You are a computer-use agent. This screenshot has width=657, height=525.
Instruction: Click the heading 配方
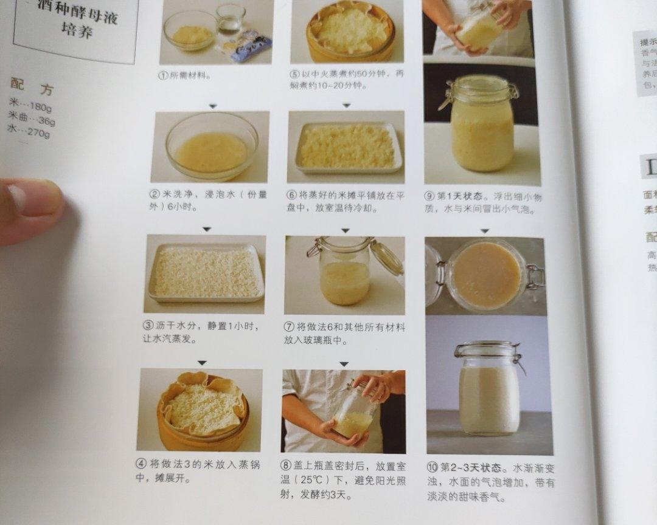click(32, 87)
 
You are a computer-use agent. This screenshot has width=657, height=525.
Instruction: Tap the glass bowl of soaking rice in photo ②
click(211, 146)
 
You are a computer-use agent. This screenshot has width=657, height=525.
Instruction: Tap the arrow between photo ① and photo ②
click(212, 106)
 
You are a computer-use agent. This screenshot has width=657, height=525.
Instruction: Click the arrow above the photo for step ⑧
click(344, 364)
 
